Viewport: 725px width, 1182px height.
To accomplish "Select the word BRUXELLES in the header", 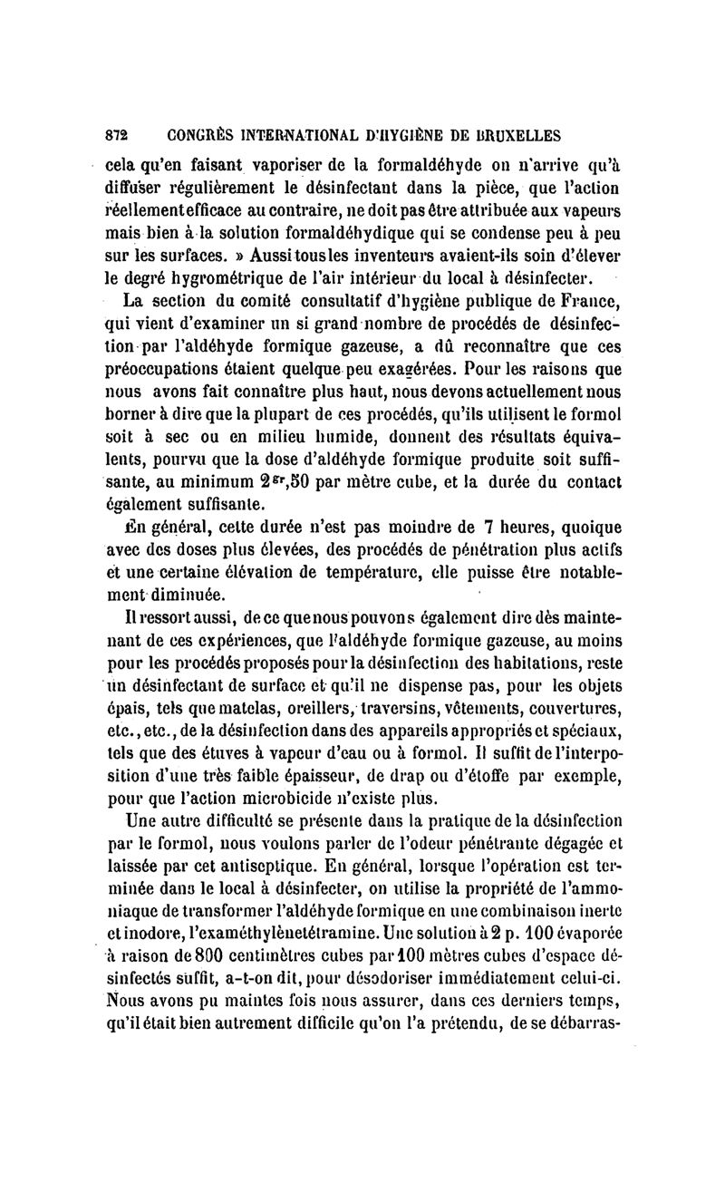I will click(x=506, y=136).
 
